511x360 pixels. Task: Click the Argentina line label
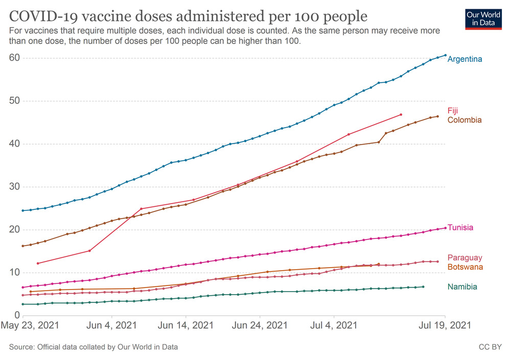click(464, 59)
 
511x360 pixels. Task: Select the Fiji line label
click(453, 110)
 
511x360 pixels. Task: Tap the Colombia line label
click(464, 120)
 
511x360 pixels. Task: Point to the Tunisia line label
click(460, 228)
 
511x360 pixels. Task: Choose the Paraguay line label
click(464, 257)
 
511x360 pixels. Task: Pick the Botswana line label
click(465, 267)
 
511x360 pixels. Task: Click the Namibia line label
click(462, 287)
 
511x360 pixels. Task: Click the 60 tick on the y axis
click(14, 58)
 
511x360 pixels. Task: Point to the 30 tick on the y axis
click(14, 186)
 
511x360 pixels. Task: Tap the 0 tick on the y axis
click(17, 315)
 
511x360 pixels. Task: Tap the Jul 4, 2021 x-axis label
click(334, 325)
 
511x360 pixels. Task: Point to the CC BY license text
click(490, 347)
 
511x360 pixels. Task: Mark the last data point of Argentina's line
click(445, 55)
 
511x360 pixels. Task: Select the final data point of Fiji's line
click(401, 114)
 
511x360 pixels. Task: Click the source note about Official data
click(94, 347)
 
